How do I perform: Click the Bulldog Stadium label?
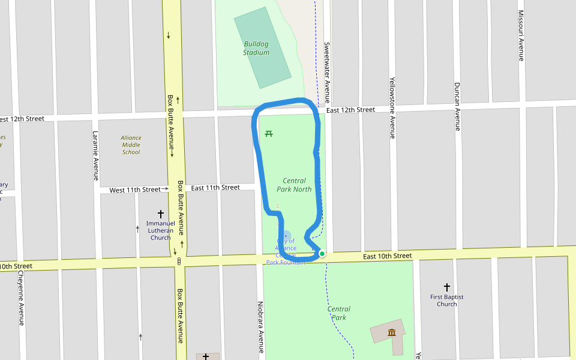(256, 48)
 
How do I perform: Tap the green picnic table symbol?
(269, 133)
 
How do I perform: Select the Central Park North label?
(294, 185)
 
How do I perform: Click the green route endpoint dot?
(322, 254)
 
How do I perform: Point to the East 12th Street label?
(350, 110)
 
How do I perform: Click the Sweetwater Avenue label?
(327, 72)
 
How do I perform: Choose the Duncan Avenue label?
(457, 106)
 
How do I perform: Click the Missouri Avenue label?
(521, 35)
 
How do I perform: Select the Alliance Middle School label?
(131, 145)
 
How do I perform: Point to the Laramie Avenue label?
(95, 156)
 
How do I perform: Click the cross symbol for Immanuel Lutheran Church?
(161, 214)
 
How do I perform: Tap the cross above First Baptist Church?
(447, 287)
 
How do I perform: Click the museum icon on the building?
(392, 333)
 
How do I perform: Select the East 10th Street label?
(388, 256)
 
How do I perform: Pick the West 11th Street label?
(134, 190)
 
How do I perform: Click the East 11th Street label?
(215, 188)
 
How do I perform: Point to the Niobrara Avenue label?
(260, 327)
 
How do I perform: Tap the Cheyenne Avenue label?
(21, 298)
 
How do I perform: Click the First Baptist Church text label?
(447, 301)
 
